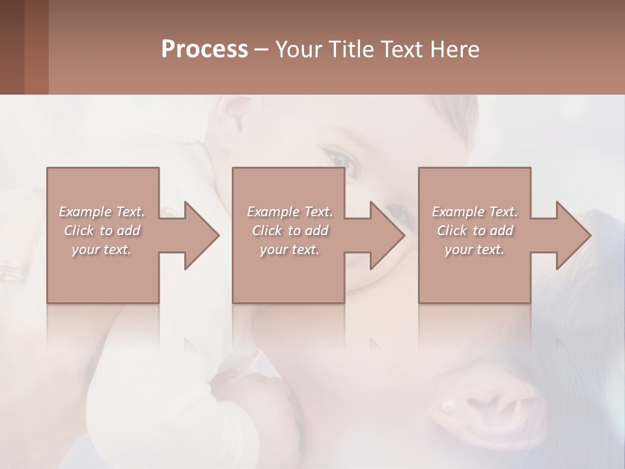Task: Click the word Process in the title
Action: (x=204, y=50)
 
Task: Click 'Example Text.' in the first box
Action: (x=102, y=212)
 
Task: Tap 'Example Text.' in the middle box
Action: (x=290, y=212)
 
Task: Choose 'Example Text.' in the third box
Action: (x=475, y=212)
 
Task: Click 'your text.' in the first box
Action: (x=102, y=249)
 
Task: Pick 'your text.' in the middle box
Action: (x=289, y=249)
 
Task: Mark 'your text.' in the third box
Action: (x=475, y=249)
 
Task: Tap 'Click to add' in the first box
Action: (x=102, y=231)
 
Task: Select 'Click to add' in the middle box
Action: (x=290, y=231)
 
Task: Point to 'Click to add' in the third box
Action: (x=475, y=231)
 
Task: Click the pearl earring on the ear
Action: (x=448, y=405)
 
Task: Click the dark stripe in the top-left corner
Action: (x=12, y=47)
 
